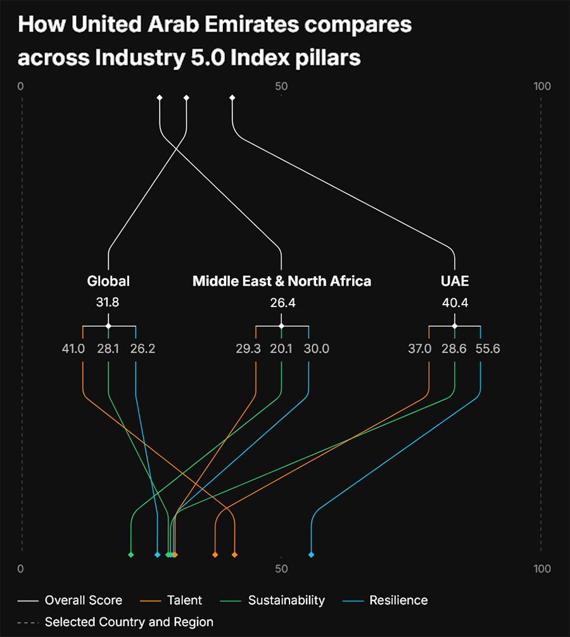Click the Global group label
coord(108,281)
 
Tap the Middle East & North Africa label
coord(282,281)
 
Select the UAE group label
coord(455,281)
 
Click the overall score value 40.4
coord(455,303)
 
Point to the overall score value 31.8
coord(108,303)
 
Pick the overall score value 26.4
coord(282,303)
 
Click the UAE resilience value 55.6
coord(488,348)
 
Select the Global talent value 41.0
coord(73,348)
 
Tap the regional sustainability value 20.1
coord(281,348)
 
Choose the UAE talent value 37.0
coord(419,348)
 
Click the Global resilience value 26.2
coord(142,348)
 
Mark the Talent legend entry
coord(184,600)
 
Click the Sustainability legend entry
coord(286,600)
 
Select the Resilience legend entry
coord(398,600)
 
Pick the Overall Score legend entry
coord(83,600)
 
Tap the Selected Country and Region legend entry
coord(129,622)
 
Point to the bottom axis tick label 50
coord(281,569)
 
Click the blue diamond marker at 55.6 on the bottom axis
coord(311,555)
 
